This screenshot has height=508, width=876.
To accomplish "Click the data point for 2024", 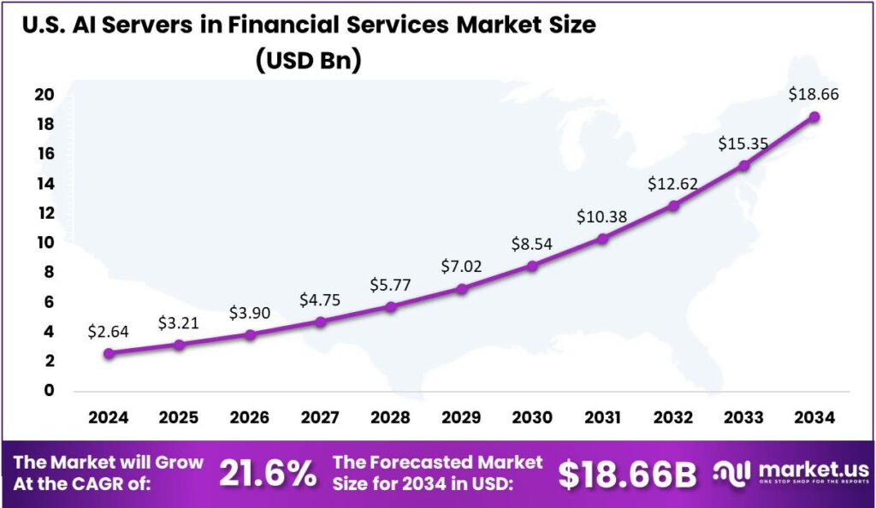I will coord(108,352).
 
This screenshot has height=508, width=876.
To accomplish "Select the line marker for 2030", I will coord(532,266).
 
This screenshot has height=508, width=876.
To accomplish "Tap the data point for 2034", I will coord(814,116).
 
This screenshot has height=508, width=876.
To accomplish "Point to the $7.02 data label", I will coord(461,266).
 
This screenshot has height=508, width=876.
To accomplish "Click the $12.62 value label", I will coord(673,184).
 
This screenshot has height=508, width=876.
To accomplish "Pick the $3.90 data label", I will coord(250,313).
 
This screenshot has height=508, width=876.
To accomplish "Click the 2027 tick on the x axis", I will coord(320,418).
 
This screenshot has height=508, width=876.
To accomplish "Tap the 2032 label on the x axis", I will coord(673,418).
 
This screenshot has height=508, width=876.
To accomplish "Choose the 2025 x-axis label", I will coord(179,418).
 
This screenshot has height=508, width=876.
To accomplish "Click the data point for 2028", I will coord(391,306).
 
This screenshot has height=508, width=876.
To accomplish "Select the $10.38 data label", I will coord(602,217).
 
